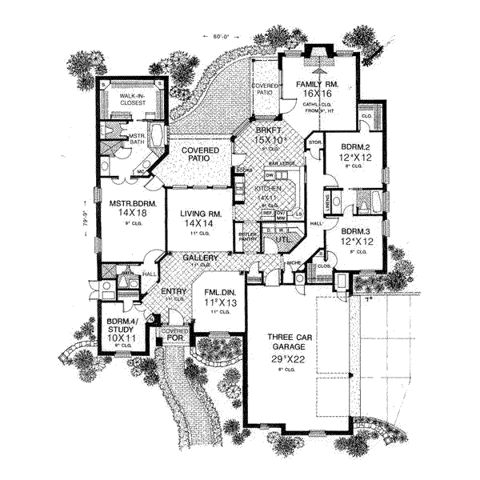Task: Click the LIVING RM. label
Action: (x=199, y=213)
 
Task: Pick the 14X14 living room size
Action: (x=199, y=224)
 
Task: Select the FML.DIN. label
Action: (x=217, y=293)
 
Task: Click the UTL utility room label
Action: (x=281, y=238)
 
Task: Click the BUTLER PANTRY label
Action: (x=247, y=238)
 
